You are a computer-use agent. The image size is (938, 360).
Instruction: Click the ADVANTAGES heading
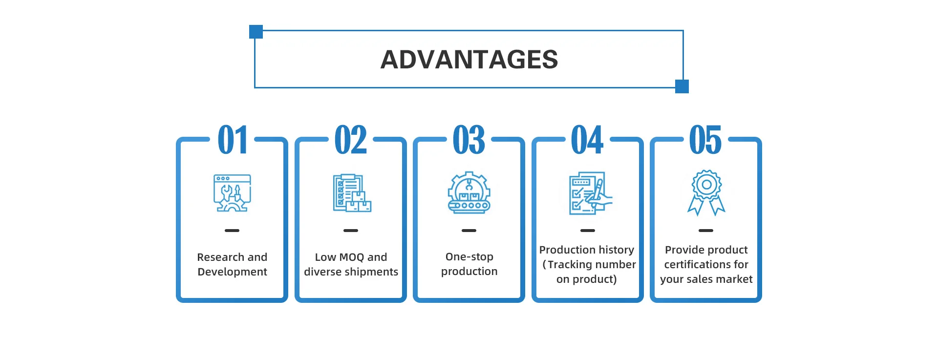(x=469, y=60)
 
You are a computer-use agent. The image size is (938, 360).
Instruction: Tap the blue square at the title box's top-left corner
(x=256, y=32)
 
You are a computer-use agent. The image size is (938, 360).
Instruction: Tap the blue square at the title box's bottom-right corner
(x=682, y=86)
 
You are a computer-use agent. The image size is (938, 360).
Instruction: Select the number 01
(x=233, y=140)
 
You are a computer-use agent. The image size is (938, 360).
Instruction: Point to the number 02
(x=351, y=140)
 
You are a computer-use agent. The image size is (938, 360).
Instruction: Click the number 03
(x=469, y=140)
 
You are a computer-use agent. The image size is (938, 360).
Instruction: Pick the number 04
(x=587, y=140)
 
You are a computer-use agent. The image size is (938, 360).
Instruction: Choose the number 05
(x=705, y=140)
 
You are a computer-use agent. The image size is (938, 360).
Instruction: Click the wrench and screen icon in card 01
(x=232, y=193)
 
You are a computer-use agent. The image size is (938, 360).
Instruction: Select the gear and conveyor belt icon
(x=469, y=193)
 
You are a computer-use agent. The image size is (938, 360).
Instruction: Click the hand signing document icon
(x=590, y=193)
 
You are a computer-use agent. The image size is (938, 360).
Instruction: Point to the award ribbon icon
(x=706, y=193)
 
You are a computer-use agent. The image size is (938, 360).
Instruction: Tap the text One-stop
(x=469, y=257)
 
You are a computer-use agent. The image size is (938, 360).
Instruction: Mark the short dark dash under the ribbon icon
(x=706, y=231)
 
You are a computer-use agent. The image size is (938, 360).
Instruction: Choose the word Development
(x=233, y=272)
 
